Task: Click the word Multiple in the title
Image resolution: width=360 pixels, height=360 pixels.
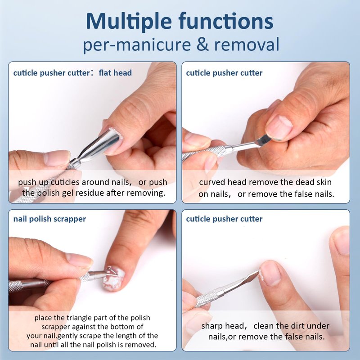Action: (129, 22)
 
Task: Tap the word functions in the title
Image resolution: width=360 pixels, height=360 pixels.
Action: (226, 21)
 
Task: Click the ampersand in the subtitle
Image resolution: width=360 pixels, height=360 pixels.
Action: (203, 44)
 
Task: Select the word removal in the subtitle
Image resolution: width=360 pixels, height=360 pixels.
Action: (247, 44)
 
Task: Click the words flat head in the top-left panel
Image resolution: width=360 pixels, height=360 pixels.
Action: (115, 73)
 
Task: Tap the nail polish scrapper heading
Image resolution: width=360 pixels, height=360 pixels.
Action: (49, 219)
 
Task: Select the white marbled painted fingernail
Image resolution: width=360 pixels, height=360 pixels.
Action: (114, 279)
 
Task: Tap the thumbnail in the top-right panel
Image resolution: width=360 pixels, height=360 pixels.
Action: (279, 127)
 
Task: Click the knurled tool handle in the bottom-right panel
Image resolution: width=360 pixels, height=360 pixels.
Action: (207, 298)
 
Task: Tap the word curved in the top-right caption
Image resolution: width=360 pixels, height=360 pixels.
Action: (212, 182)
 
